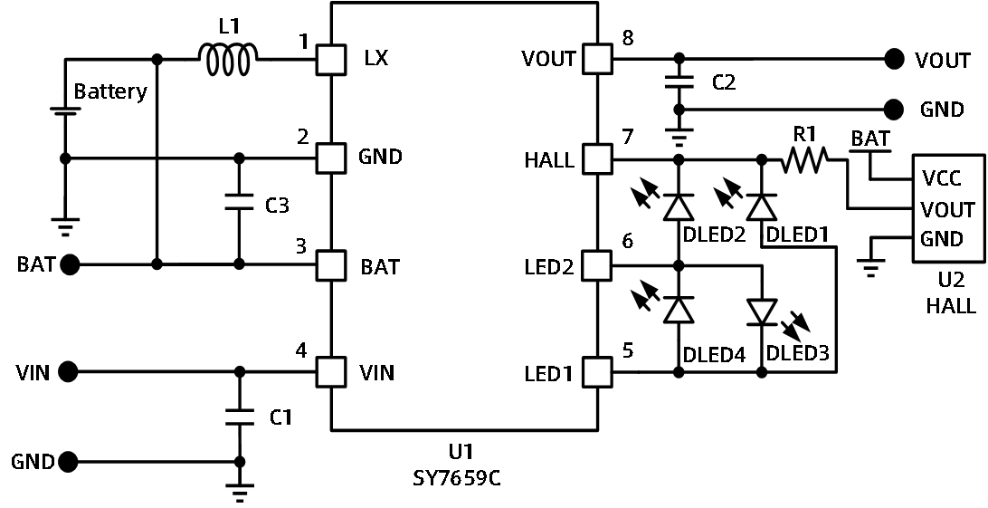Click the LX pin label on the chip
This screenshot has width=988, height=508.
[x=375, y=60]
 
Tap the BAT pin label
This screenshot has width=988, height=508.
[x=380, y=268]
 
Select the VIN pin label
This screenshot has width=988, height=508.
[x=376, y=373]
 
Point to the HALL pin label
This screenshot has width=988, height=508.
[x=549, y=161]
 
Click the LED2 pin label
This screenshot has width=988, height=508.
[x=549, y=268]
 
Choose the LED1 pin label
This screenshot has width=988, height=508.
[x=548, y=373]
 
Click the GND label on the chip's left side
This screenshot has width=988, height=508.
[x=380, y=157]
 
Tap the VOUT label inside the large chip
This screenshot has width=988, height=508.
[x=548, y=60]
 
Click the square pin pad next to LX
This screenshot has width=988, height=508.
[x=332, y=60]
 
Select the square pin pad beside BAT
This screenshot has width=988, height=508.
[x=332, y=266]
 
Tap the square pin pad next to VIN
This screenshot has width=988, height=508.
[x=332, y=372]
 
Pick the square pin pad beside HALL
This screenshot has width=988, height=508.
[x=596, y=159]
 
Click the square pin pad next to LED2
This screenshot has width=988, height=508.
[x=596, y=266]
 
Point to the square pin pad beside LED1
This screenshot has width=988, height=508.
[x=596, y=372]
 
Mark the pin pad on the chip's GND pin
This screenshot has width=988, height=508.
[x=332, y=158]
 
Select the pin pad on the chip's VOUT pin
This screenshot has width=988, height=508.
[x=596, y=60]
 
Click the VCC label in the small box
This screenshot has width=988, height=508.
[x=941, y=177]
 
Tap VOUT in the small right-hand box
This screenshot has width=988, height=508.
[x=947, y=210]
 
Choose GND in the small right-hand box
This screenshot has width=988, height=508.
[x=941, y=240]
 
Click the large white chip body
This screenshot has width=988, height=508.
[x=464, y=217]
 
